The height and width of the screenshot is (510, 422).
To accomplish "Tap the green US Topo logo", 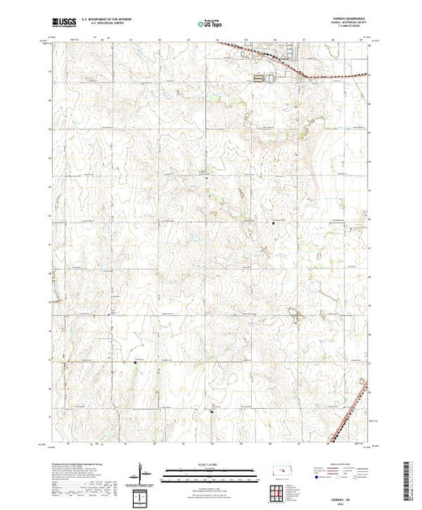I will (x=210, y=24).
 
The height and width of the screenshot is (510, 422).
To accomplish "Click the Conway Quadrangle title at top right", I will (x=334, y=19).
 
